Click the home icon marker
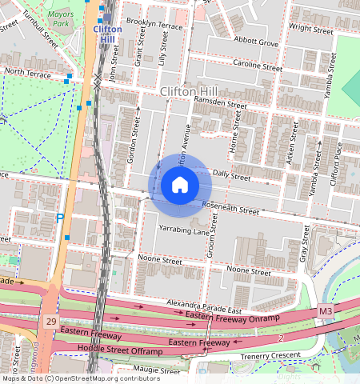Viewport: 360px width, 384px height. tap(180, 186)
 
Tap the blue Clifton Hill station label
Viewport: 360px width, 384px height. tap(107, 34)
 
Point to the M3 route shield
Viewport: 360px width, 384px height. tap(325, 310)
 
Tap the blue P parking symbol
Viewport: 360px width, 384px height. tap(60, 218)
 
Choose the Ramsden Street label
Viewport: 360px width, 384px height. tap(225, 104)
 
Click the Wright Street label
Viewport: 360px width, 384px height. tap(311, 29)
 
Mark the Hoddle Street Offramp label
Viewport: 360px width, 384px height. tap(119, 350)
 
